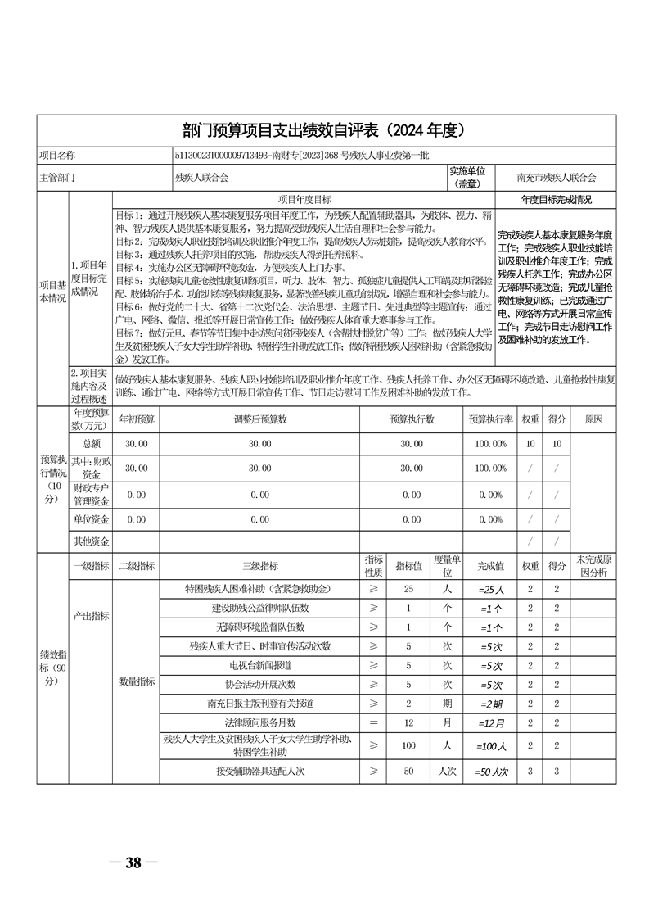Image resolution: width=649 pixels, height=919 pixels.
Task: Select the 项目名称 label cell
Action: click(56, 155)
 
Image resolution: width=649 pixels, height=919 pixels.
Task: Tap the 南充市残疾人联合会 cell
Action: click(557, 177)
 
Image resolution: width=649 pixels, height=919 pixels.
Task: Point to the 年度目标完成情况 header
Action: click(557, 199)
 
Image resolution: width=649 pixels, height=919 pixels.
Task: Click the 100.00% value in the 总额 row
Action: click(490, 443)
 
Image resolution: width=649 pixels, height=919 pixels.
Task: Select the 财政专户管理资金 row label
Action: click(91, 494)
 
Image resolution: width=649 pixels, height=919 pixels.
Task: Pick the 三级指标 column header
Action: click(260, 565)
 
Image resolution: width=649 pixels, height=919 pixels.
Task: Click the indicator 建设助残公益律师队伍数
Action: click(260, 609)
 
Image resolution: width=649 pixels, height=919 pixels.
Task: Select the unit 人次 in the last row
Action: click(448, 772)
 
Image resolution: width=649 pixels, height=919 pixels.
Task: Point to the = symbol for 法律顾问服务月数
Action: click(374, 723)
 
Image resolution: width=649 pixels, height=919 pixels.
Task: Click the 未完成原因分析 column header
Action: click(594, 565)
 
